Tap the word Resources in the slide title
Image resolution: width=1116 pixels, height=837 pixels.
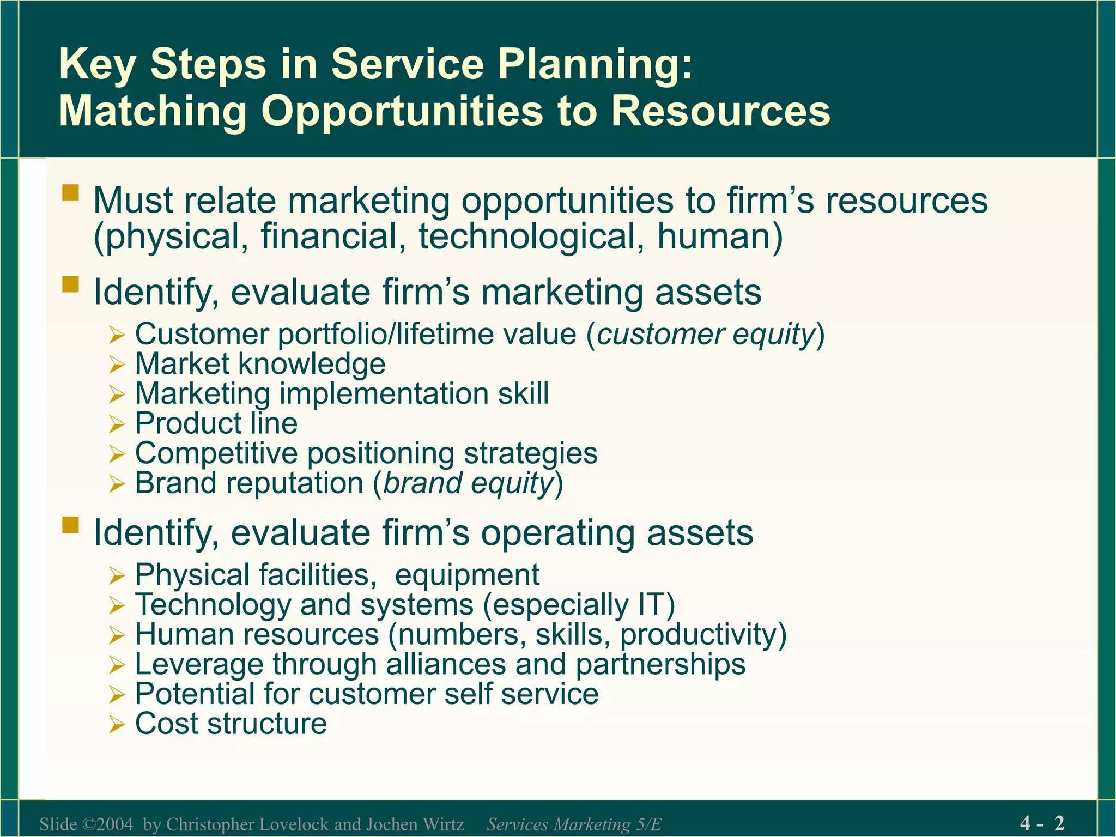(x=720, y=111)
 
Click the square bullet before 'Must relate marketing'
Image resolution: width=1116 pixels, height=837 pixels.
(x=71, y=193)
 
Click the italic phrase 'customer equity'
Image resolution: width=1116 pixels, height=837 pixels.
(x=706, y=334)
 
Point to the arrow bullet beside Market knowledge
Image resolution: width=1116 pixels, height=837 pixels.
(x=117, y=365)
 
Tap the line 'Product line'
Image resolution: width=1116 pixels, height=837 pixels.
(x=216, y=423)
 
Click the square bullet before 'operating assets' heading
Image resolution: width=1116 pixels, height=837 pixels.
(x=71, y=525)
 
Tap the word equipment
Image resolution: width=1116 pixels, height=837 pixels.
(x=467, y=575)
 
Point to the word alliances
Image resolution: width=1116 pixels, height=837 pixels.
(x=445, y=664)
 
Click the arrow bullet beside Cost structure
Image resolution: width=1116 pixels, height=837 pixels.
(x=117, y=725)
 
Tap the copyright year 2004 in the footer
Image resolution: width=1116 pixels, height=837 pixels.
(x=115, y=824)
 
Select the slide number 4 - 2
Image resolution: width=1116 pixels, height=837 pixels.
(x=1042, y=823)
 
